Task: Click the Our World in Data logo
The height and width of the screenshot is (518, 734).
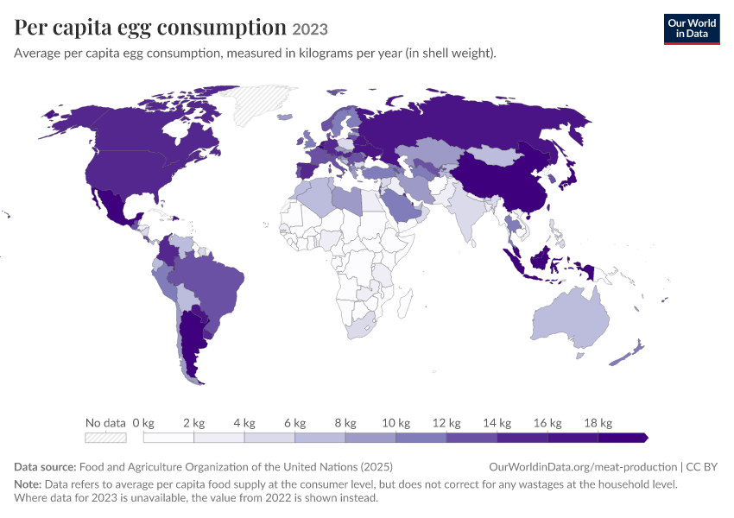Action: click(x=692, y=29)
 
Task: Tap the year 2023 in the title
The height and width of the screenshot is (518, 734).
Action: click(x=310, y=29)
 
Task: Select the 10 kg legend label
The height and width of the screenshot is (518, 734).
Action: click(x=396, y=423)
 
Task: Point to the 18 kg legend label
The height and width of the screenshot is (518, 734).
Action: click(x=598, y=423)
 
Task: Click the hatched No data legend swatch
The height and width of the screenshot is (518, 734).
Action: click(x=106, y=438)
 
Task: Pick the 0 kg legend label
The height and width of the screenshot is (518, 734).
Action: click(x=143, y=423)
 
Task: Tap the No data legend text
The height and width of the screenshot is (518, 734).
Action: click(x=106, y=423)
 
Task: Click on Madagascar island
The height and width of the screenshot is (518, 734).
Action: click(x=405, y=303)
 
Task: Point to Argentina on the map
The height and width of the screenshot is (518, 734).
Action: click(x=192, y=342)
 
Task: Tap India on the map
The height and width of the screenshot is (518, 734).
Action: click(x=464, y=212)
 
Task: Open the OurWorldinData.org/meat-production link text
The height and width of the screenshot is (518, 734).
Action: click(x=583, y=467)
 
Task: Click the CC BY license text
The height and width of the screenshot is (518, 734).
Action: click(x=702, y=467)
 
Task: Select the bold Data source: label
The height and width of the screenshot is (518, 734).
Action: click(x=45, y=467)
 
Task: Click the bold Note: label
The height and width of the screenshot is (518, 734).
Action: click(x=28, y=483)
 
